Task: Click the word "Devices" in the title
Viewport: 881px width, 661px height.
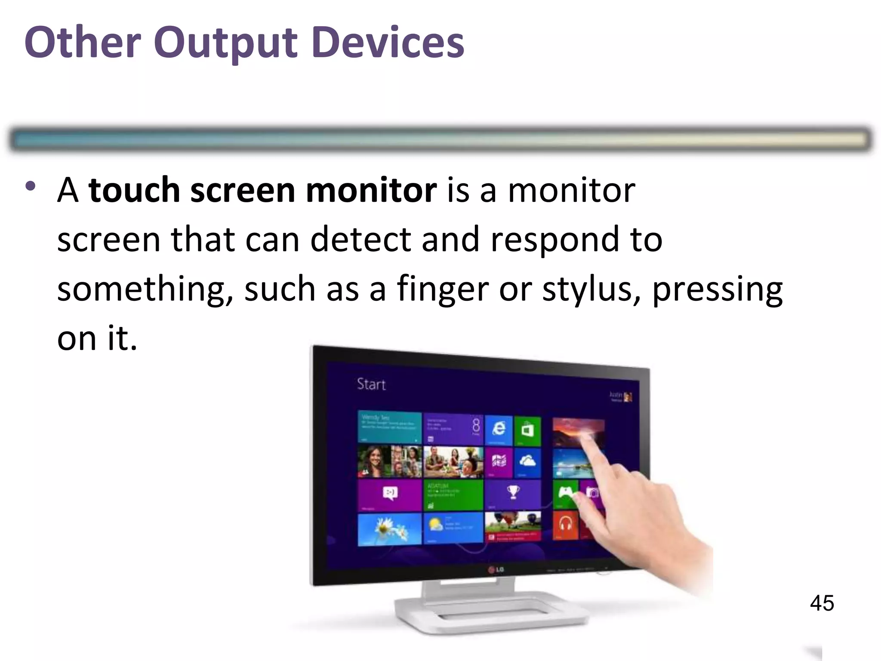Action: point(388,43)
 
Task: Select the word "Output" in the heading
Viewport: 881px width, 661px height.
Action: point(225,43)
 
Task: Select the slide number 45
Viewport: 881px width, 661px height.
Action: point(822,603)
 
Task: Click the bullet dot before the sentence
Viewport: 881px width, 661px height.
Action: point(30,186)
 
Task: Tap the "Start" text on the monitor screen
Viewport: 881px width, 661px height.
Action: point(371,384)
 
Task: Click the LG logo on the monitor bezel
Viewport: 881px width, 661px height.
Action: point(496,570)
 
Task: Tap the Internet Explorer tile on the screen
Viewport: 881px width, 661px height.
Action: point(499,429)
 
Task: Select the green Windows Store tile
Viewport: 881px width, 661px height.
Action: point(527,429)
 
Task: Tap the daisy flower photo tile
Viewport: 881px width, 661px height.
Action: point(389,529)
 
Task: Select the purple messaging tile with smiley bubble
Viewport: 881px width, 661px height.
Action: point(389,494)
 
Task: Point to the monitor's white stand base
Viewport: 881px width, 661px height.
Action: point(490,613)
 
